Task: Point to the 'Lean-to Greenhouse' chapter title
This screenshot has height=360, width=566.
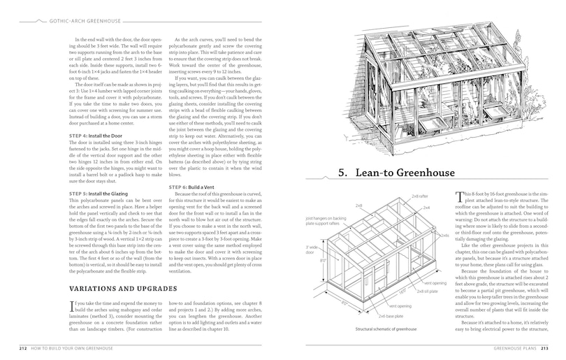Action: point(399,172)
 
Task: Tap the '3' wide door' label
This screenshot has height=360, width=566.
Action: point(313,250)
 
